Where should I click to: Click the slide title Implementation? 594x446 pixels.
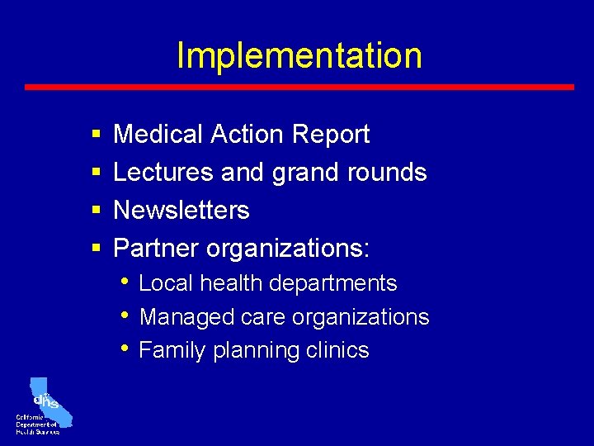click(299, 55)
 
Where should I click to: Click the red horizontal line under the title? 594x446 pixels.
click(299, 87)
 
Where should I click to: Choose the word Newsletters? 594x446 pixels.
click(181, 210)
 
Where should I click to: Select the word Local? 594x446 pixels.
click(166, 283)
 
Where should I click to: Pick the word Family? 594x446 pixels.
click(172, 351)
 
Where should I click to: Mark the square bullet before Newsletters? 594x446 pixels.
click(96, 211)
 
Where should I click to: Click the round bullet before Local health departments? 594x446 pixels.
click(125, 281)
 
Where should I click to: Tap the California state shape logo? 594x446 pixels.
click(49, 401)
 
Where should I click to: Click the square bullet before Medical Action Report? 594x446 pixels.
click(96, 135)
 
